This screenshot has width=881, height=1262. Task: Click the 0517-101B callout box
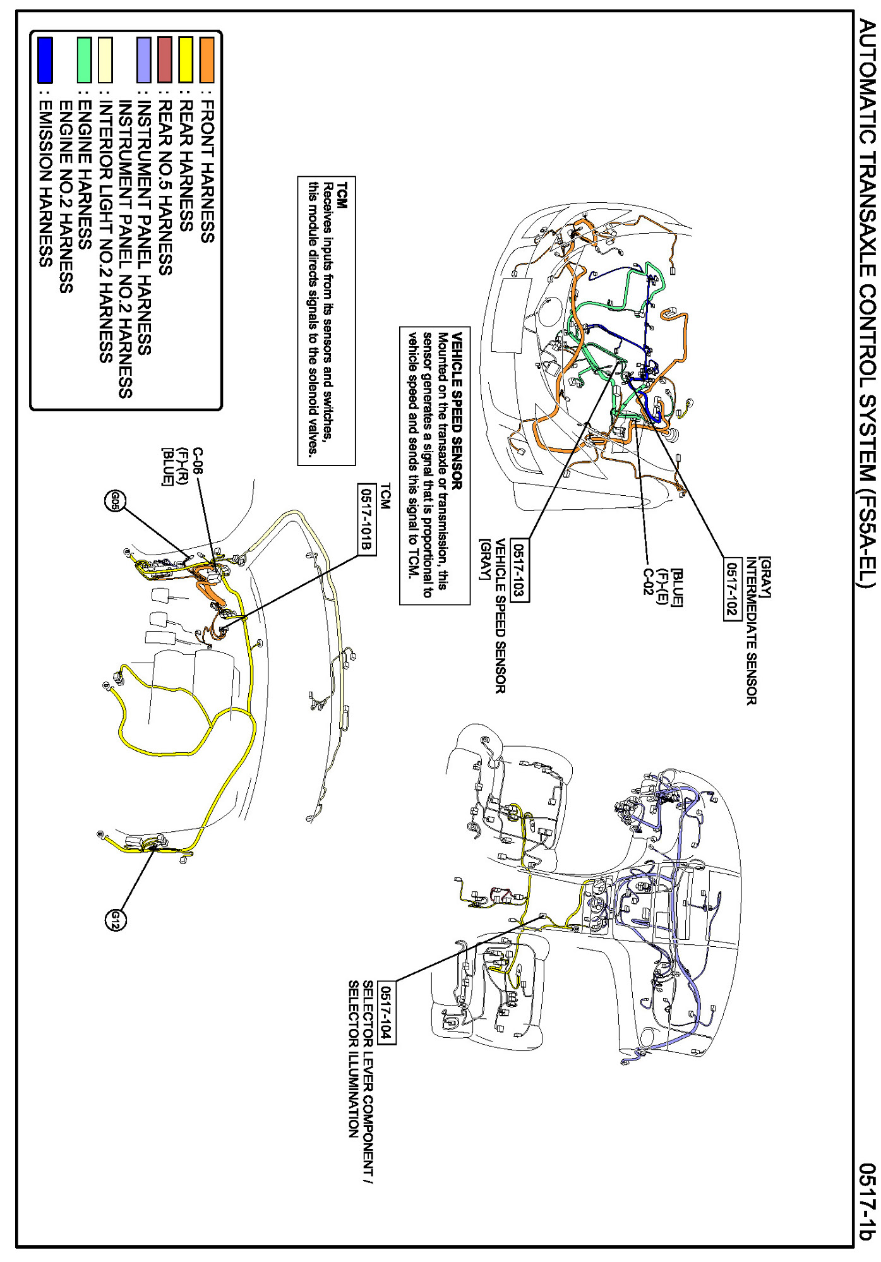click(x=367, y=519)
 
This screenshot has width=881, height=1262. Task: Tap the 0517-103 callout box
click(x=520, y=571)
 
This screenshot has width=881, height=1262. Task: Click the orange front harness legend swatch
click(x=207, y=60)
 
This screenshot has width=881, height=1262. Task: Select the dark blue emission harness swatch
click(x=45, y=60)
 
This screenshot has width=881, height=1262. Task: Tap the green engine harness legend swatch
click(x=84, y=60)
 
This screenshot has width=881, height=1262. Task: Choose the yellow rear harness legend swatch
click(x=186, y=60)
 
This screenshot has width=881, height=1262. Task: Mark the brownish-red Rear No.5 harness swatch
click(x=165, y=60)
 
